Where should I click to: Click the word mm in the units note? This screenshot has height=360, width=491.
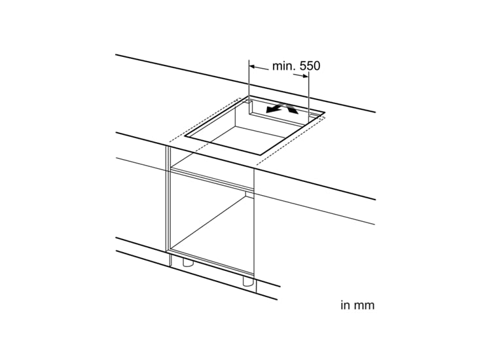[365, 305]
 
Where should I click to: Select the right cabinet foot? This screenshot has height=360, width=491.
[248, 281]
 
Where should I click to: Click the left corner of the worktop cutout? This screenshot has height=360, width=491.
[187, 137]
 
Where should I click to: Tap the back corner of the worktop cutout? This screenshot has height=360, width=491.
[249, 99]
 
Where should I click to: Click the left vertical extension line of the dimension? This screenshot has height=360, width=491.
[249, 82]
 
